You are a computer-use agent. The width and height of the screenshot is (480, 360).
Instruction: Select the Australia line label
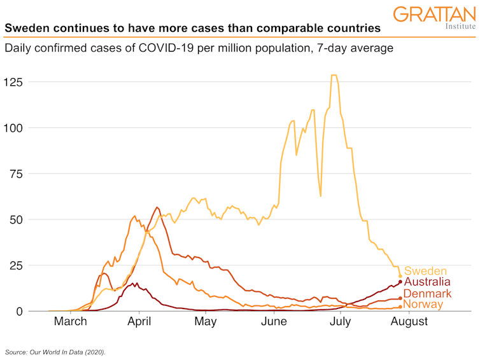click(x=427, y=282)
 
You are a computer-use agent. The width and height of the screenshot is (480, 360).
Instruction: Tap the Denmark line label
click(x=427, y=294)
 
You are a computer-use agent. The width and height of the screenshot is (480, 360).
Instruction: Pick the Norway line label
click(x=423, y=305)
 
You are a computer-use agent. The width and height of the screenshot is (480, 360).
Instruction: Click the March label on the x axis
click(x=70, y=322)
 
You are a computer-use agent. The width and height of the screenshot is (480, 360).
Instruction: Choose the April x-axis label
click(x=139, y=322)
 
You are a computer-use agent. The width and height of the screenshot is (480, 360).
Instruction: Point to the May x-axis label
click(x=206, y=322)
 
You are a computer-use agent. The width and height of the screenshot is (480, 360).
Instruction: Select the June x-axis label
click(x=274, y=322)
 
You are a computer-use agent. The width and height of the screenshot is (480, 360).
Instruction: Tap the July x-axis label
click(x=341, y=322)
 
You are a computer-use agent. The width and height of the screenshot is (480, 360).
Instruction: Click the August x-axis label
click(x=408, y=322)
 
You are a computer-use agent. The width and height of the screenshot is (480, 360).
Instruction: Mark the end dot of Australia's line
click(x=400, y=282)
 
